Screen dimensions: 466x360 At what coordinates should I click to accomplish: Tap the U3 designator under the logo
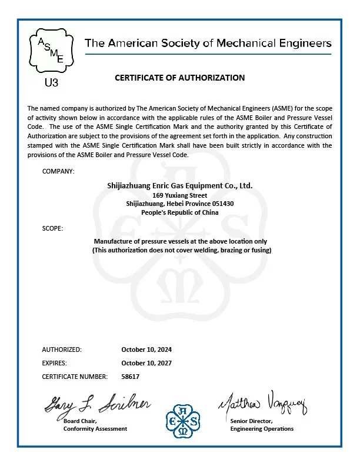(x=52, y=82)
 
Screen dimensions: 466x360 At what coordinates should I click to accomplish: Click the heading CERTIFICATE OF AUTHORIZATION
(x=179, y=78)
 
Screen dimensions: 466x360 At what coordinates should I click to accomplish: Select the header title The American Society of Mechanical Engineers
(x=208, y=44)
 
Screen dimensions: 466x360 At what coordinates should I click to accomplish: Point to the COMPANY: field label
(x=58, y=171)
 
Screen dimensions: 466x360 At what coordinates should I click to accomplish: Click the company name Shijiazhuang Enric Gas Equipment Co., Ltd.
(x=180, y=185)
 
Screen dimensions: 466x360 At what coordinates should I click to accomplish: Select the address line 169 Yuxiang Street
(x=180, y=195)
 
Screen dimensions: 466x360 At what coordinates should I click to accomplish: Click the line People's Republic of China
(x=180, y=212)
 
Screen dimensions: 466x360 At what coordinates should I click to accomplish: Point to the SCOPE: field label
(x=52, y=228)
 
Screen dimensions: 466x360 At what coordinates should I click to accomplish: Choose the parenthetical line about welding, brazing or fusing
(x=180, y=250)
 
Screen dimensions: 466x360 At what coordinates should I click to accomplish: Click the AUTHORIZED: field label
(x=62, y=349)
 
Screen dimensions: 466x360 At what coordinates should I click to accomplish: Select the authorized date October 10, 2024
(x=146, y=349)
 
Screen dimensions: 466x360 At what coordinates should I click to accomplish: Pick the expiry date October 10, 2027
(x=146, y=363)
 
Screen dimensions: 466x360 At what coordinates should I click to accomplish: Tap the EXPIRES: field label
(x=55, y=363)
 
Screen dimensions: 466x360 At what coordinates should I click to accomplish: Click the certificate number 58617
(x=131, y=377)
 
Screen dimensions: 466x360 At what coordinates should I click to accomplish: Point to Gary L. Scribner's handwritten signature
(x=98, y=403)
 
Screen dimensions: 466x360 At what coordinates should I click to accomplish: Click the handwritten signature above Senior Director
(x=263, y=404)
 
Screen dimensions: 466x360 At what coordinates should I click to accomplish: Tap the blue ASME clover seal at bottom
(x=184, y=419)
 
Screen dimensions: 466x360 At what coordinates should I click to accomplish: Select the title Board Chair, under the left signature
(x=80, y=421)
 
